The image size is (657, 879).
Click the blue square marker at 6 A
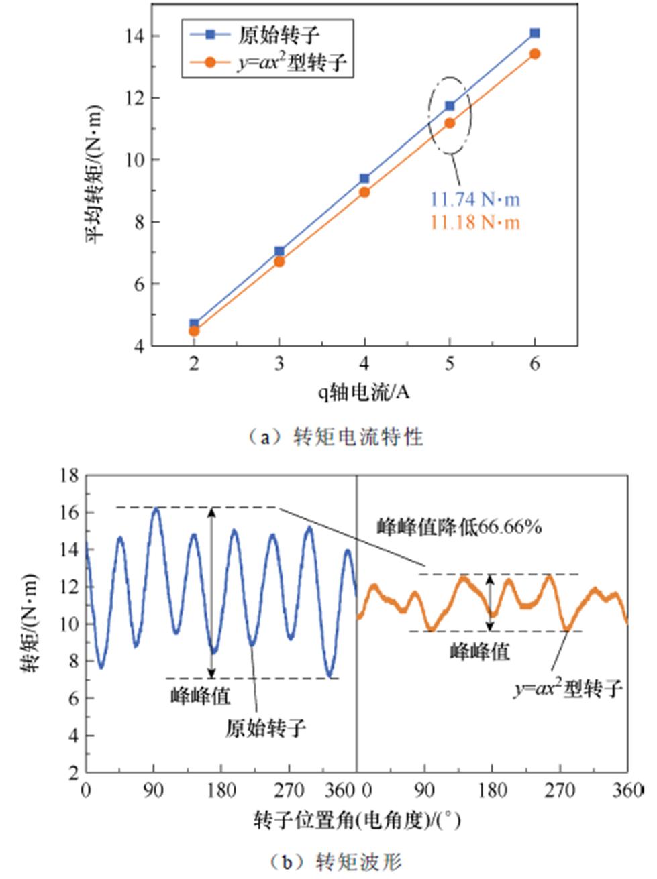click(535, 33)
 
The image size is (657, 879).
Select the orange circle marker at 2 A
click(194, 331)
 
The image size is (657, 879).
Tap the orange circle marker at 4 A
click(364, 192)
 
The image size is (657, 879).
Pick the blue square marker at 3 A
click(279, 251)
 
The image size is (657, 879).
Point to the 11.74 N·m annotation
click(474, 199)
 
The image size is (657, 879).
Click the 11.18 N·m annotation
click(474, 222)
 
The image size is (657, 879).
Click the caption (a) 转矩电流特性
click(334, 437)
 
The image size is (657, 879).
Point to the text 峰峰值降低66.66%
click(459, 527)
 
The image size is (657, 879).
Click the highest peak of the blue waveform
click(155, 508)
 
